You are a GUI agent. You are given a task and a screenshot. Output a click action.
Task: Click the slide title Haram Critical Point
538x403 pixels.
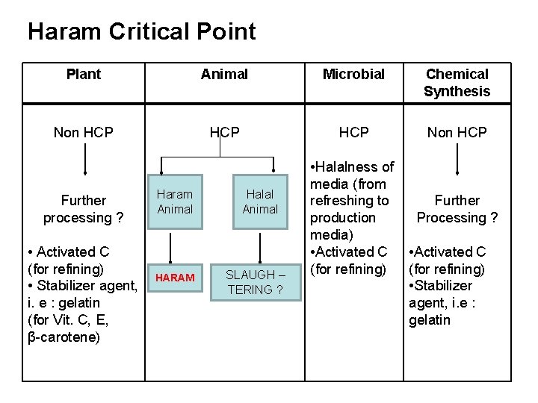click(142, 31)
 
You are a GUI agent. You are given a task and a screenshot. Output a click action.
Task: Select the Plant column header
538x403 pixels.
click(84, 74)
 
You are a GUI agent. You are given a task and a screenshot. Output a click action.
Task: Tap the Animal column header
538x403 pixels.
click(224, 74)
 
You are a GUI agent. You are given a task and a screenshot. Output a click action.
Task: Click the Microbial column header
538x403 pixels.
click(353, 74)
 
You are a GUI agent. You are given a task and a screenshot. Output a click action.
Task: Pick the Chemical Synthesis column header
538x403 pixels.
click(457, 83)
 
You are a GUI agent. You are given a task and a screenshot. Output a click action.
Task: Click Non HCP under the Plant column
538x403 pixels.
click(84, 133)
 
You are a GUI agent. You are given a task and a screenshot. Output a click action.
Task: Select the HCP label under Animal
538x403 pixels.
click(224, 133)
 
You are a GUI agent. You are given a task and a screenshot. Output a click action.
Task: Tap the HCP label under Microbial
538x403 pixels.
click(353, 133)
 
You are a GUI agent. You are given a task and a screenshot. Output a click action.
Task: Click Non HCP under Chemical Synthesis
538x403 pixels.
click(457, 133)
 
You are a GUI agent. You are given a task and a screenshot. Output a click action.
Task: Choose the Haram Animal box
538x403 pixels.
click(175, 201)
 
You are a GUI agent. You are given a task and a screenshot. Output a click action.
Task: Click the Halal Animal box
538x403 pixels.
click(260, 201)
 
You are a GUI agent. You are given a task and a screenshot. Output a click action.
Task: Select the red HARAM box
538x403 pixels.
click(175, 278)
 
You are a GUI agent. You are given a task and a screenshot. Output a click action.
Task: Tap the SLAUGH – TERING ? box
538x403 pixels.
click(260, 282)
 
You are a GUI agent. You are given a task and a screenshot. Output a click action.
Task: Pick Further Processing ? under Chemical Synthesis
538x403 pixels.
click(457, 209)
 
